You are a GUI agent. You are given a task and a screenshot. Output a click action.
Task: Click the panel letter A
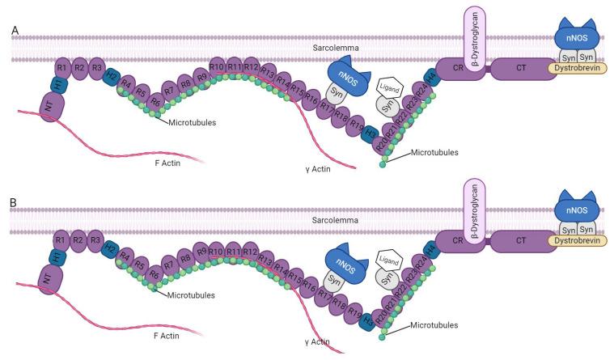click(15, 31)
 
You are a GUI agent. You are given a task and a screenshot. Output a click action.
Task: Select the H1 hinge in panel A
click(57, 83)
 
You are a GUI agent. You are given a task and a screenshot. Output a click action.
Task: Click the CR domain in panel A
click(459, 70)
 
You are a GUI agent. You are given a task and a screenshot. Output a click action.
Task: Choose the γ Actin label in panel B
click(311, 342)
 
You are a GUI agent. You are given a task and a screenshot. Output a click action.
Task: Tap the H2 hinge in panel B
click(112, 249)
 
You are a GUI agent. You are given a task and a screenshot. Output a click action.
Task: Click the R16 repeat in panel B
click(308, 286)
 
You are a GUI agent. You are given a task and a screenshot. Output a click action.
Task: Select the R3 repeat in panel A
click(96, 67)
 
